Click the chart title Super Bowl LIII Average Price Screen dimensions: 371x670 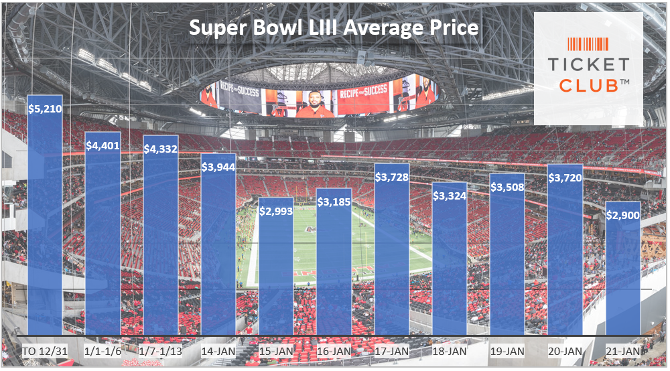tap(333, 28)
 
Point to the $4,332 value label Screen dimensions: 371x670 tap(161, 149)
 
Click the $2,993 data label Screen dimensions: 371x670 tap(276, 210)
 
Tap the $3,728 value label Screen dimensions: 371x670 tap(391, 177)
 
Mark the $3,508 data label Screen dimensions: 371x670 tap(507, 187)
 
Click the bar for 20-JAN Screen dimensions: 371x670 tap(565, 254)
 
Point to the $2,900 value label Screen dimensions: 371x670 tap(622, 215)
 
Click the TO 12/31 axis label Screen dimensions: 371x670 tap(45, 352)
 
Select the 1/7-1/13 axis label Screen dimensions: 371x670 tap(161, 352)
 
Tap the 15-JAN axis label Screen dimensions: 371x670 tap(276, 352)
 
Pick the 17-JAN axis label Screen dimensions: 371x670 tap(391, 352)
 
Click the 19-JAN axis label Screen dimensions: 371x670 tap(507, 352)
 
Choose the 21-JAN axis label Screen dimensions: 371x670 tap(622, 352)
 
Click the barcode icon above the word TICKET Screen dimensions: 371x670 tap(588, 44)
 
